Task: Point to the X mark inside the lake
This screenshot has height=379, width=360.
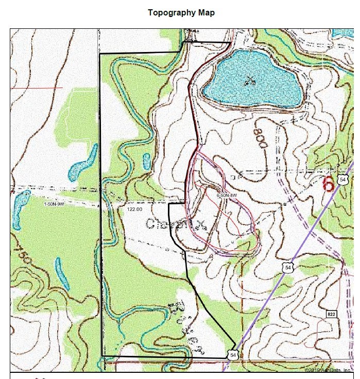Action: (x=250, y=79)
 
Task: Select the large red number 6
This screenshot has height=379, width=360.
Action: (x=328, y=184)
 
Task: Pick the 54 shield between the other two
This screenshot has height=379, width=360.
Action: (x=288, y=267)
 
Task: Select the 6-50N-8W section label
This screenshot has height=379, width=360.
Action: (x=227, y=196)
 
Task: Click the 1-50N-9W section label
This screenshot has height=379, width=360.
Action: (x=54, y=204)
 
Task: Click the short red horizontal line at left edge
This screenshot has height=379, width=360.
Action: (x=36, y=88)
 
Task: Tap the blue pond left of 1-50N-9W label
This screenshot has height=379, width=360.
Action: (x=21, y=203)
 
